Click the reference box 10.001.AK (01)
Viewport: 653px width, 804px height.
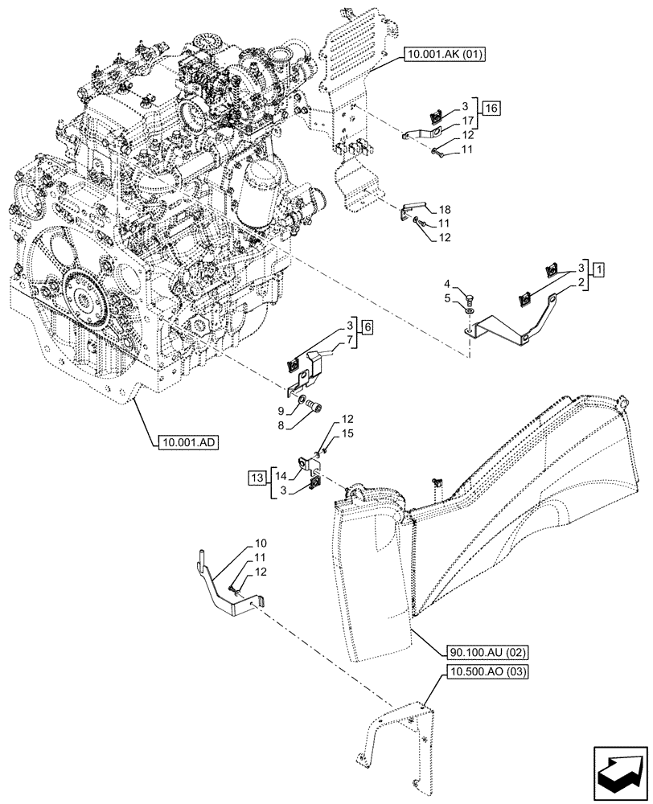(441, 55)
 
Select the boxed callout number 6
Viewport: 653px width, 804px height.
(367, 326)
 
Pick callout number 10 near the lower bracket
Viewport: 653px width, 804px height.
(260, 544)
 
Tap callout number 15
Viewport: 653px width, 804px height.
(347, 433)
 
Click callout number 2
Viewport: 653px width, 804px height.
(580, 281)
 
